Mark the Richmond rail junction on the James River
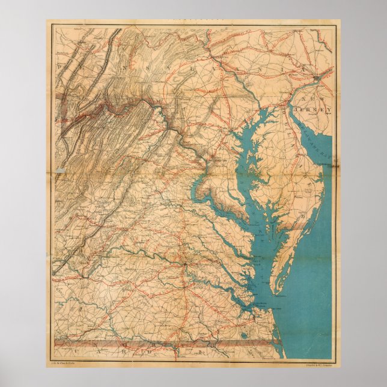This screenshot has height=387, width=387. pyautogui.click(x=187, y=265)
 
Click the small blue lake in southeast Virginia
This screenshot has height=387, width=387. pyautogui.click(x=245, y=334)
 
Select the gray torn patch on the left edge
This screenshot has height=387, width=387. pyautogui.click(x=60, y=171)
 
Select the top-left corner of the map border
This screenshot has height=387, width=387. pyautogui.click(x=50, y=25)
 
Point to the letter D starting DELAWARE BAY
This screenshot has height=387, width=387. pyautogui.click(x=300, y=117)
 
